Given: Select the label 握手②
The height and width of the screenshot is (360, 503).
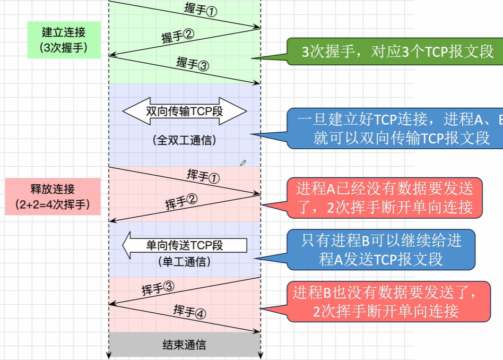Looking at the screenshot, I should click(178, 36).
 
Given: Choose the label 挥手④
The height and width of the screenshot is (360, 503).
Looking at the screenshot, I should click(189, 312).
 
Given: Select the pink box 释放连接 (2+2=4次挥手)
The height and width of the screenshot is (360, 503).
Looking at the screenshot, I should click(53, 196).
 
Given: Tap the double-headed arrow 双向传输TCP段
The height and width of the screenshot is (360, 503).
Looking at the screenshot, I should click(185, 111).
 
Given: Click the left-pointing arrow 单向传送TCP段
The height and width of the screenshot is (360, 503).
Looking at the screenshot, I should click(185, 245).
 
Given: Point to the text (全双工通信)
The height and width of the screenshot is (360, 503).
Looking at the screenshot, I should click(184, 141).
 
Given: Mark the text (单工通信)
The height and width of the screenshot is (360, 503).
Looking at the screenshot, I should click(184, 262).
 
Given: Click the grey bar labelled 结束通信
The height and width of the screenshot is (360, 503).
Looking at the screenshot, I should click(184, 345).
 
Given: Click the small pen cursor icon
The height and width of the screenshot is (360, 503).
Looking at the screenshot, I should click(243, 162).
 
